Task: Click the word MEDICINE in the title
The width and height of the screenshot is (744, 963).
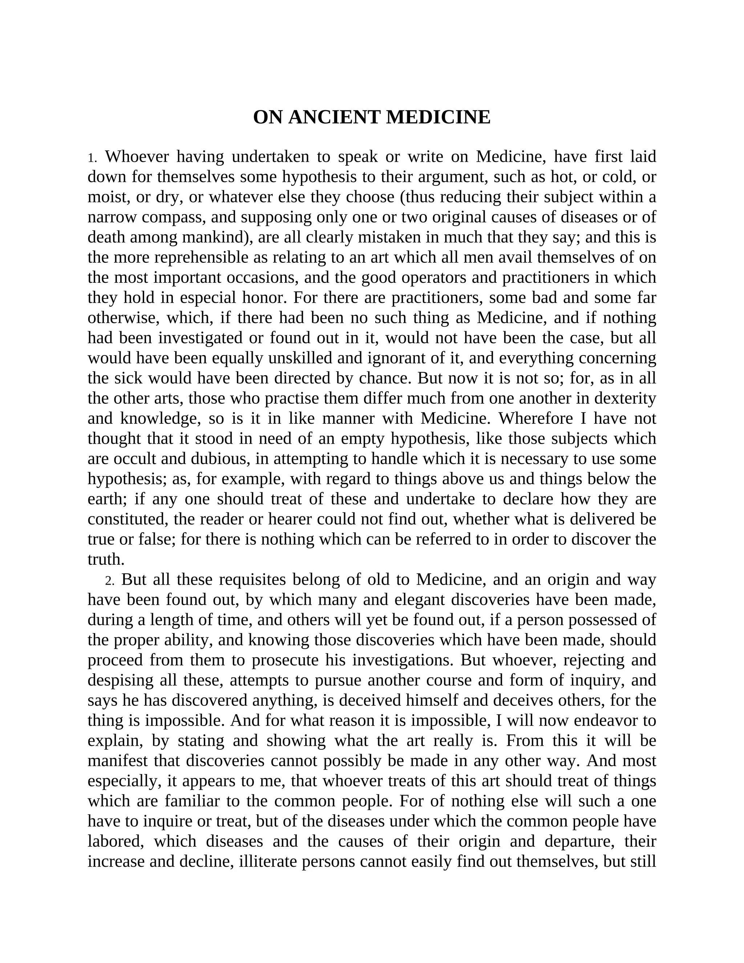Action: click(438, 118)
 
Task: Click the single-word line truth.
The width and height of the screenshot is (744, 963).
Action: click(106, 560)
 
